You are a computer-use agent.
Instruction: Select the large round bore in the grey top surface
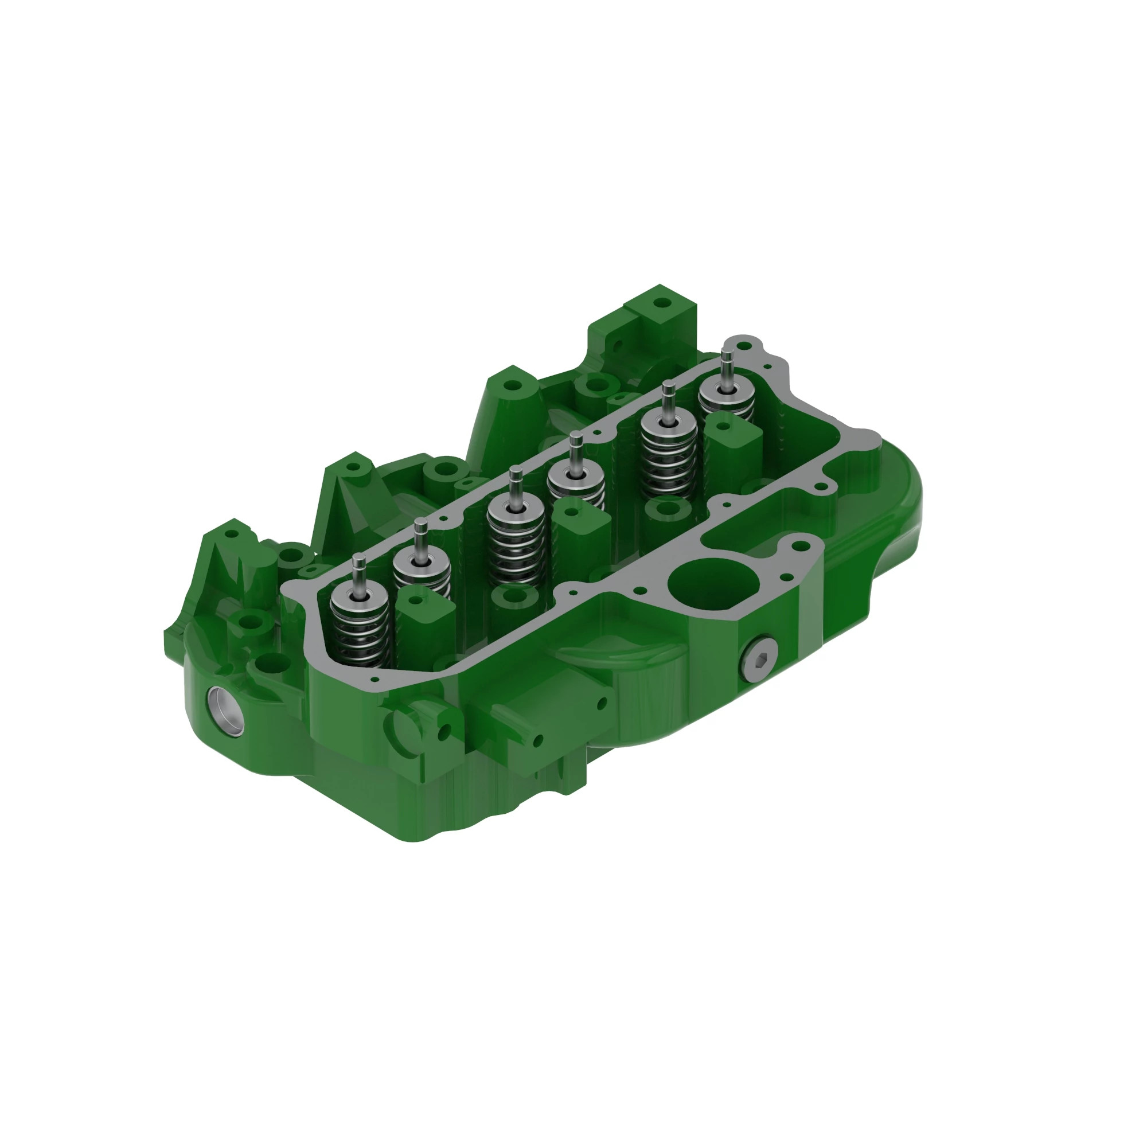[x=713, y=585]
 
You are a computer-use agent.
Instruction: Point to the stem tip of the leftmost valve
[x=358, y=559]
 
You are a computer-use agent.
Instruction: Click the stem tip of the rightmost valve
[x=727, y=352]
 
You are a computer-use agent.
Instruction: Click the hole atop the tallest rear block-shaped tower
[x=661, y=303]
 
